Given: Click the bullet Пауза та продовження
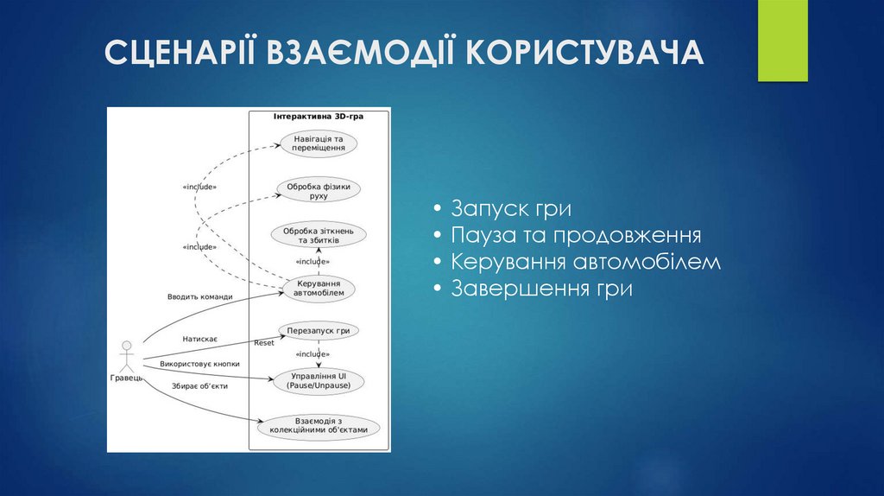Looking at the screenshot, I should pyautogui.click(x=575, y=236).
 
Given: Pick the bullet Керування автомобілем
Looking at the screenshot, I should pyautogui.click(x=584, y=262).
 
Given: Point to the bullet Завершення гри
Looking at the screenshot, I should pyautogui.click(x=540, y=289).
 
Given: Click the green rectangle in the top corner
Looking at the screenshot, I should pyautogui.click(x=782, y=41).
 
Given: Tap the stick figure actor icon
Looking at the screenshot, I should pyautogui.click(x=127, y=354).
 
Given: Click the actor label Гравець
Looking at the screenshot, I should pyautogui.click(x=126, y=378).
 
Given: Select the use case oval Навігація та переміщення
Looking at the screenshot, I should pyautogui.click(x=318, y=143).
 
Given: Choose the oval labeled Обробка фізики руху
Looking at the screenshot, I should pyautogui.click(x=318, y=190).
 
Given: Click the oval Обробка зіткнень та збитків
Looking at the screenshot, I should pyautogui.click(x=318, y=235).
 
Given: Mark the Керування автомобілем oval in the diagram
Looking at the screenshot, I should pyautogui.click(x=318, y=288).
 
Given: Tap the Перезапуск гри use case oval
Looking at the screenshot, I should pyautogui.click(x=318, y=331).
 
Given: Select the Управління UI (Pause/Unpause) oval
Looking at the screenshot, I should pyautogui.click(x=318, y=381).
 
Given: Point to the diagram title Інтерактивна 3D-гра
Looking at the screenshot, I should pyautogui.click(x=318, y=116).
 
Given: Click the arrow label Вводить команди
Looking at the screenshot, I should pyautogui.click(x=199, y=297).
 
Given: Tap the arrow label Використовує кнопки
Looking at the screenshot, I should pyautogui.click(x=199, y=364).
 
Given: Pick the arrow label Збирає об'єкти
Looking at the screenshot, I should pyautogui.click(x=199, y=386).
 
